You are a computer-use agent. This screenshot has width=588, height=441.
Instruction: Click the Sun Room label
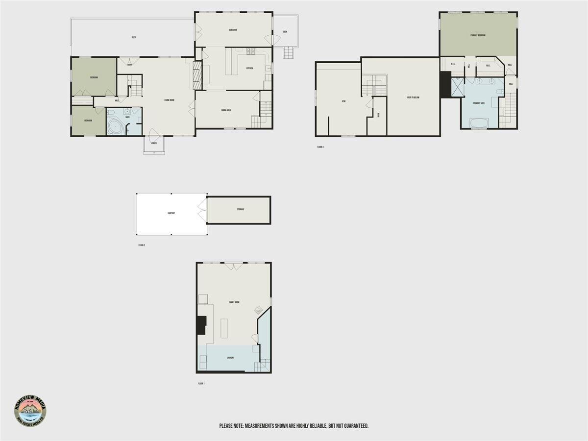click(x=233, y=30)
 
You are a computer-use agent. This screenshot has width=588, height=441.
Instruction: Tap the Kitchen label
click(x=249, y=68)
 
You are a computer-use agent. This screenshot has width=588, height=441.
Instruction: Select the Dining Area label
click(x=226, y=110)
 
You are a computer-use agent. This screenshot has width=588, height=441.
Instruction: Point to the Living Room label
click(x=170, y=100)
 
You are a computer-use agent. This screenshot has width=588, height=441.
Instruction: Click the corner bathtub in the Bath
click(x=116, y=126)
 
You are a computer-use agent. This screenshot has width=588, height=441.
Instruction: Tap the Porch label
click(x=154, y=144)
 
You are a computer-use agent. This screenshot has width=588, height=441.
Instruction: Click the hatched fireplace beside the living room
click(x=196, y=75)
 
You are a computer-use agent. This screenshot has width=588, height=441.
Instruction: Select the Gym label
click(x=344, y=101)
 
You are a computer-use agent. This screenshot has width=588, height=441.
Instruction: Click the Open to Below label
click(x=413, y=98)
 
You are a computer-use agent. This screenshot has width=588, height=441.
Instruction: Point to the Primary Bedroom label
click(x=478, y=35)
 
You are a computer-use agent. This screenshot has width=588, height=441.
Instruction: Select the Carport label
click(x=171, y=214)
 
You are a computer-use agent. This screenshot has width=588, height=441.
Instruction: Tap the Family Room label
click(x=234, y=302)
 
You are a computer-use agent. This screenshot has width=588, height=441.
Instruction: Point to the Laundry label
click(x=230, y=358)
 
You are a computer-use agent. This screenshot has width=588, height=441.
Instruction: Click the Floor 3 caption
click(x=320, y=147)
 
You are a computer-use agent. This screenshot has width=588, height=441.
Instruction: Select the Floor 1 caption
click(x=201, y=383)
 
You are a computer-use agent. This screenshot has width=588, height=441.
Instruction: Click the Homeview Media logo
click(x=30, y=410)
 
